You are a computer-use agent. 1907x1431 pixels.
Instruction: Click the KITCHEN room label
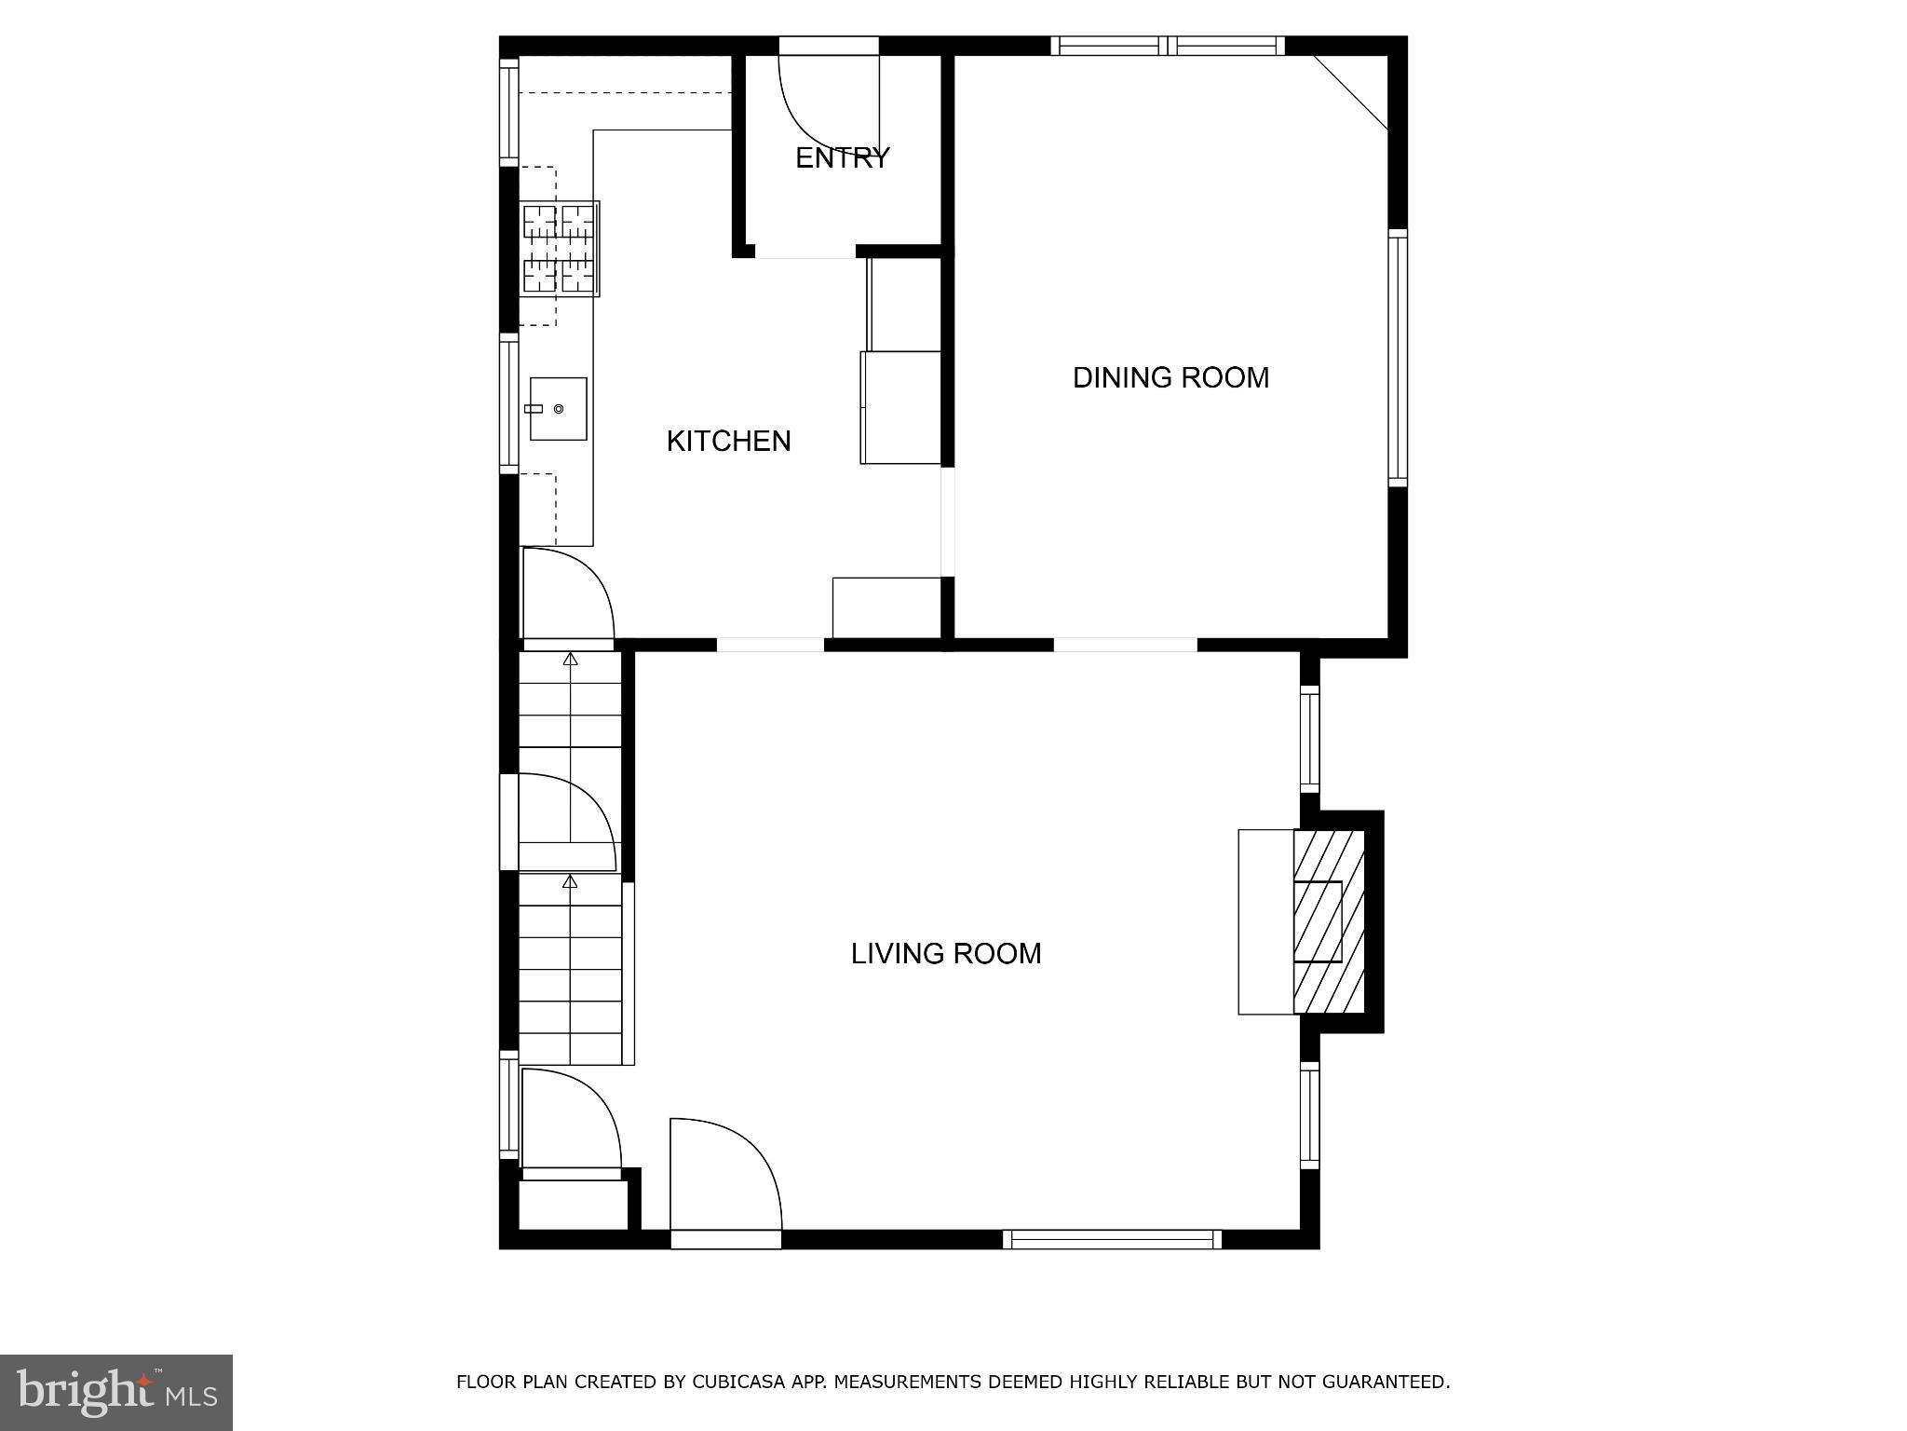tap(728, 441)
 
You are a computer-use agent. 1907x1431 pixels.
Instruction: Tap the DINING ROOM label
tap(1170, 377)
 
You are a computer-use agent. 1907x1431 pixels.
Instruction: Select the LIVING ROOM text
tap(945, 953)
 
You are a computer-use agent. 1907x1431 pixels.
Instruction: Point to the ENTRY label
tap(842, 157)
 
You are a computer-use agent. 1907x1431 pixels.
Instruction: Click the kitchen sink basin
tap(558, 409)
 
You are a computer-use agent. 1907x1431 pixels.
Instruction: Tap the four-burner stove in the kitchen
tap(559, 249)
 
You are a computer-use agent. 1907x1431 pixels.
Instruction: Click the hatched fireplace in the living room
tap(1328, 921)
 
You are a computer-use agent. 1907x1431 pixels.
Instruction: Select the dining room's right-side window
tap(1397, 357)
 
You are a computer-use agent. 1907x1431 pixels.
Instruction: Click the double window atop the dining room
tap(1168, 46)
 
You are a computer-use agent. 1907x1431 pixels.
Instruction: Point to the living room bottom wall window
tap(1112, 1239)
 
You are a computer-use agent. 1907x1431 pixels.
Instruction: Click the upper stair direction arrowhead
tap(571, 660)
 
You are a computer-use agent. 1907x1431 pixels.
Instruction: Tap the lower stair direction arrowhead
tap(571, 881)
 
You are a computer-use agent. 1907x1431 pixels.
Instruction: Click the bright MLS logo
tap(116, 1392)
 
